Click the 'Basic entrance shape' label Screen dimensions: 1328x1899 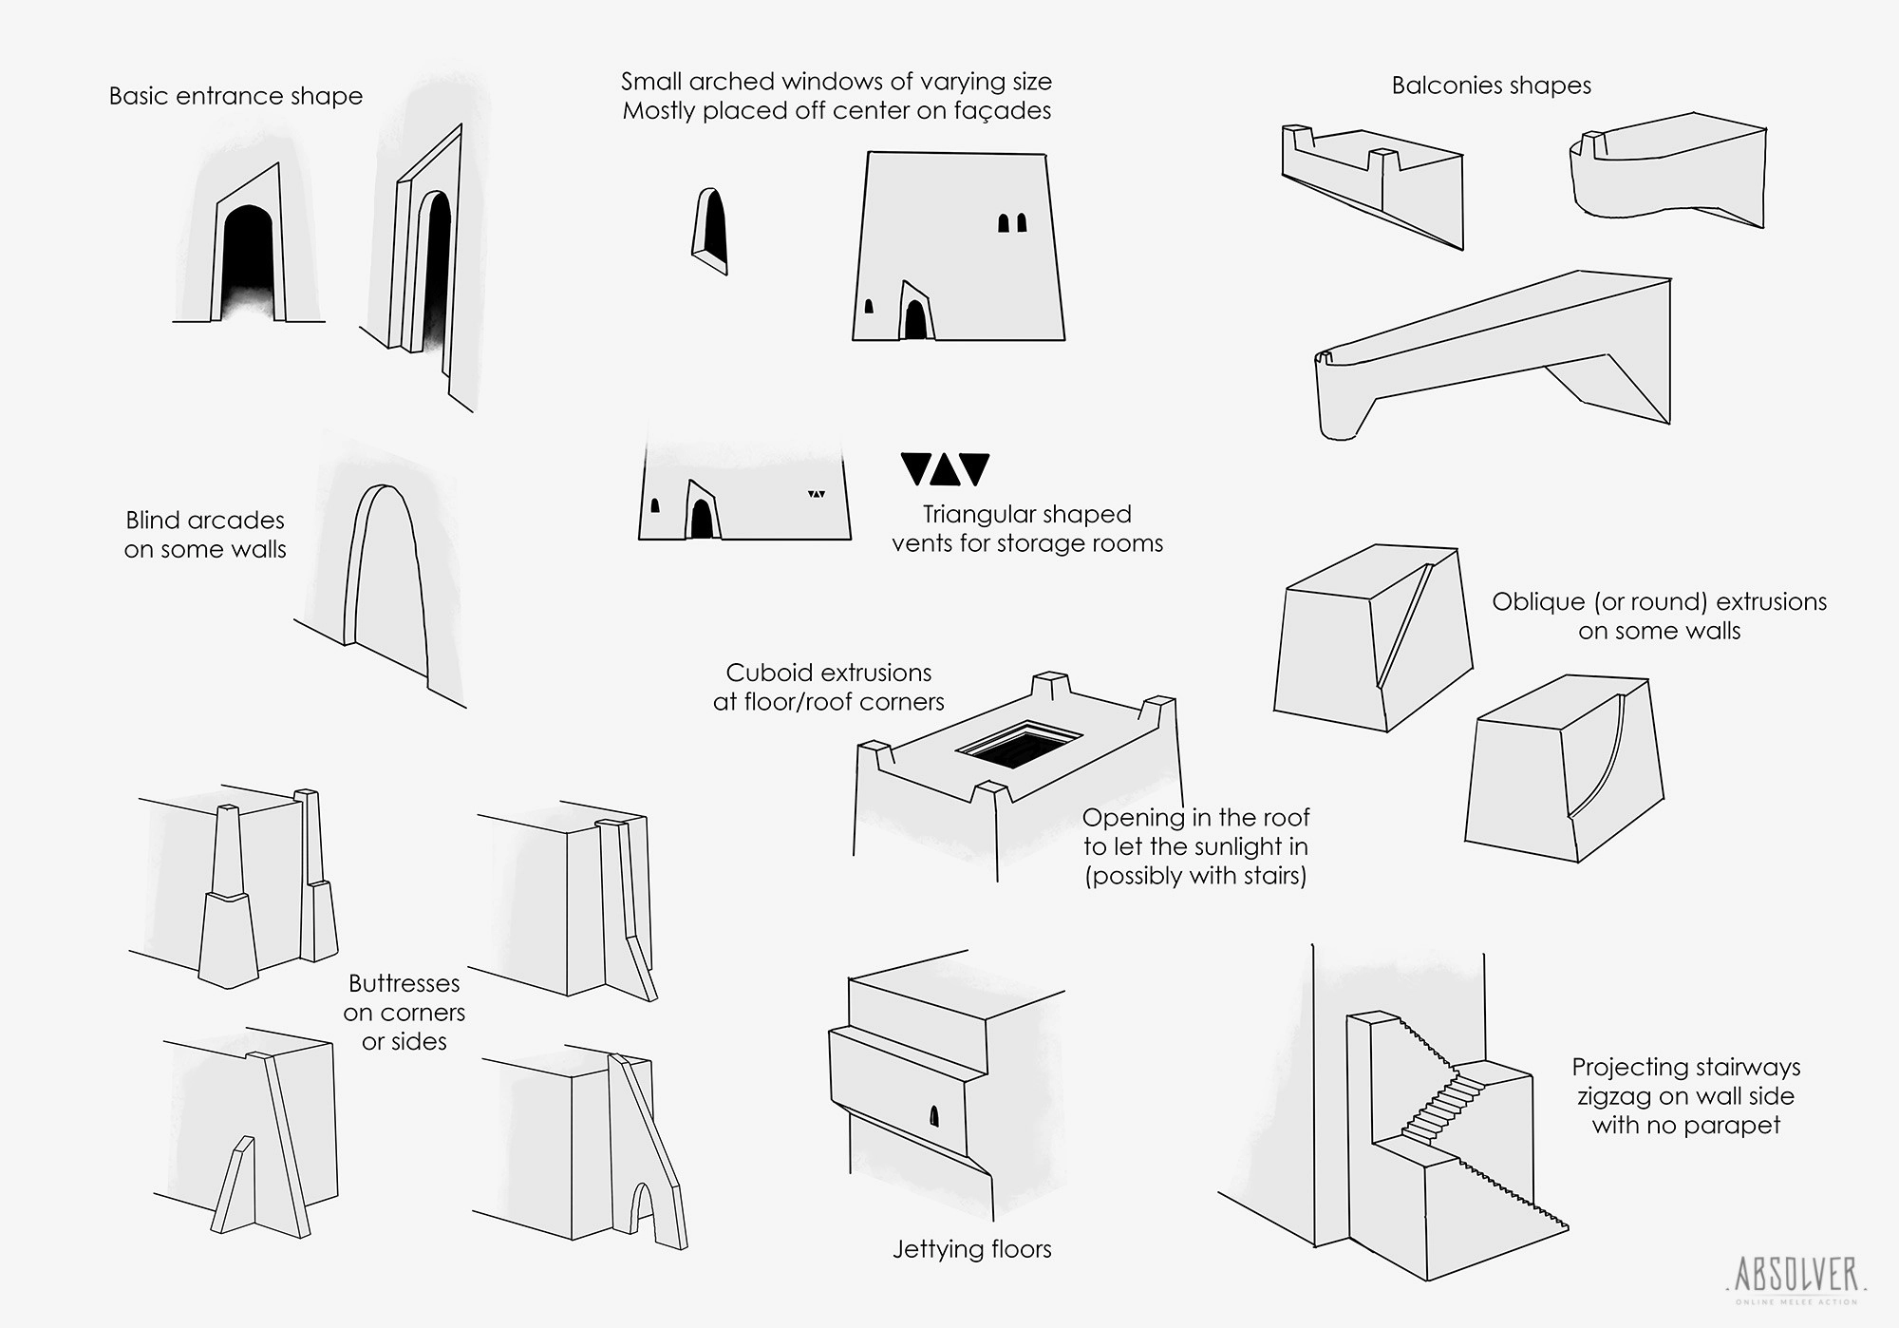point(235,96)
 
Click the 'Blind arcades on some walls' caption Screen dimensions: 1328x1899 point(205,535)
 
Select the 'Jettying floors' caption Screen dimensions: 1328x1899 point(971,1249)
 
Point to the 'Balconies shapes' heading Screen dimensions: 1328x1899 point(1491,85)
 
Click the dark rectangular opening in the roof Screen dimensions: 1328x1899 point(1019,744)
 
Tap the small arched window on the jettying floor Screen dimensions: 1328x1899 point(933,1116)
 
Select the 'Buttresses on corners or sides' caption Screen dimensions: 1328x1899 point(404,1013)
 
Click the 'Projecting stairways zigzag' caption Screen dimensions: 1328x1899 point(1685,1096)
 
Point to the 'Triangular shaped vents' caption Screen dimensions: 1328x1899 point(1027,529)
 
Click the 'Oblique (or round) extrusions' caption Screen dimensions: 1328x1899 point(1659,616)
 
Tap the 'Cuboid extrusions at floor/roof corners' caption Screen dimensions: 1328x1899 point(829,687)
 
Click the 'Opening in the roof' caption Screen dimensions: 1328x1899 point(1195,846)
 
